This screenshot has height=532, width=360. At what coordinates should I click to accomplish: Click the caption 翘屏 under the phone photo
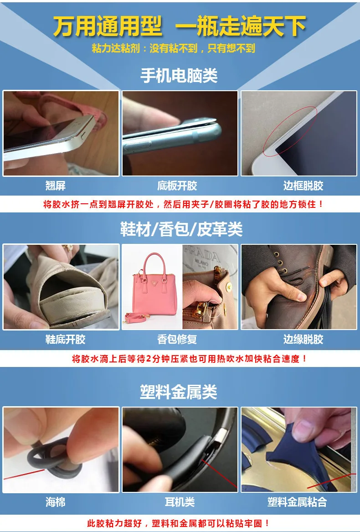(x=55, y=186)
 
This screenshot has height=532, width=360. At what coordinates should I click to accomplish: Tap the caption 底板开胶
(x=177, y=186)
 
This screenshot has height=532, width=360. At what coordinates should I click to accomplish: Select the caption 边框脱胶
(x=303, y=186)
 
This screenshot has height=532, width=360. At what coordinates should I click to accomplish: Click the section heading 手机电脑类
(x=179, y=75)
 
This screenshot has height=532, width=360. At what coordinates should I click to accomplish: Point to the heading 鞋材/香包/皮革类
(x=181, y=229)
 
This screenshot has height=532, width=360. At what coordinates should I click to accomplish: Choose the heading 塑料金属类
(x=179, y=392)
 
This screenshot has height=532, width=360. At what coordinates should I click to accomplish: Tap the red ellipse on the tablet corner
(x=290, y=130)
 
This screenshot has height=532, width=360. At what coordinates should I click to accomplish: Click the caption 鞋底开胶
(x=65, y=339)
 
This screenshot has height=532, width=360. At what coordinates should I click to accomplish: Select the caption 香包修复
(x=177, y=339)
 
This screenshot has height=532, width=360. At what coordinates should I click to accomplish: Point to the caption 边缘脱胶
(x=303, y=339)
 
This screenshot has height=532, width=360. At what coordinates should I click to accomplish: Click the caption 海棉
(x=55, y=502)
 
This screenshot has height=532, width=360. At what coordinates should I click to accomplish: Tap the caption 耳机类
(x=180, y=502)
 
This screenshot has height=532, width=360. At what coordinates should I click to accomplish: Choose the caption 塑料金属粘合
(x=297, y=502)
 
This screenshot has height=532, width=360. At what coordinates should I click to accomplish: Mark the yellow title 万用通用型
(x=108, y=26)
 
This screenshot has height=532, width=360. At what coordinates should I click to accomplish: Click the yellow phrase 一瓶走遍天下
(x=241, y=26)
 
